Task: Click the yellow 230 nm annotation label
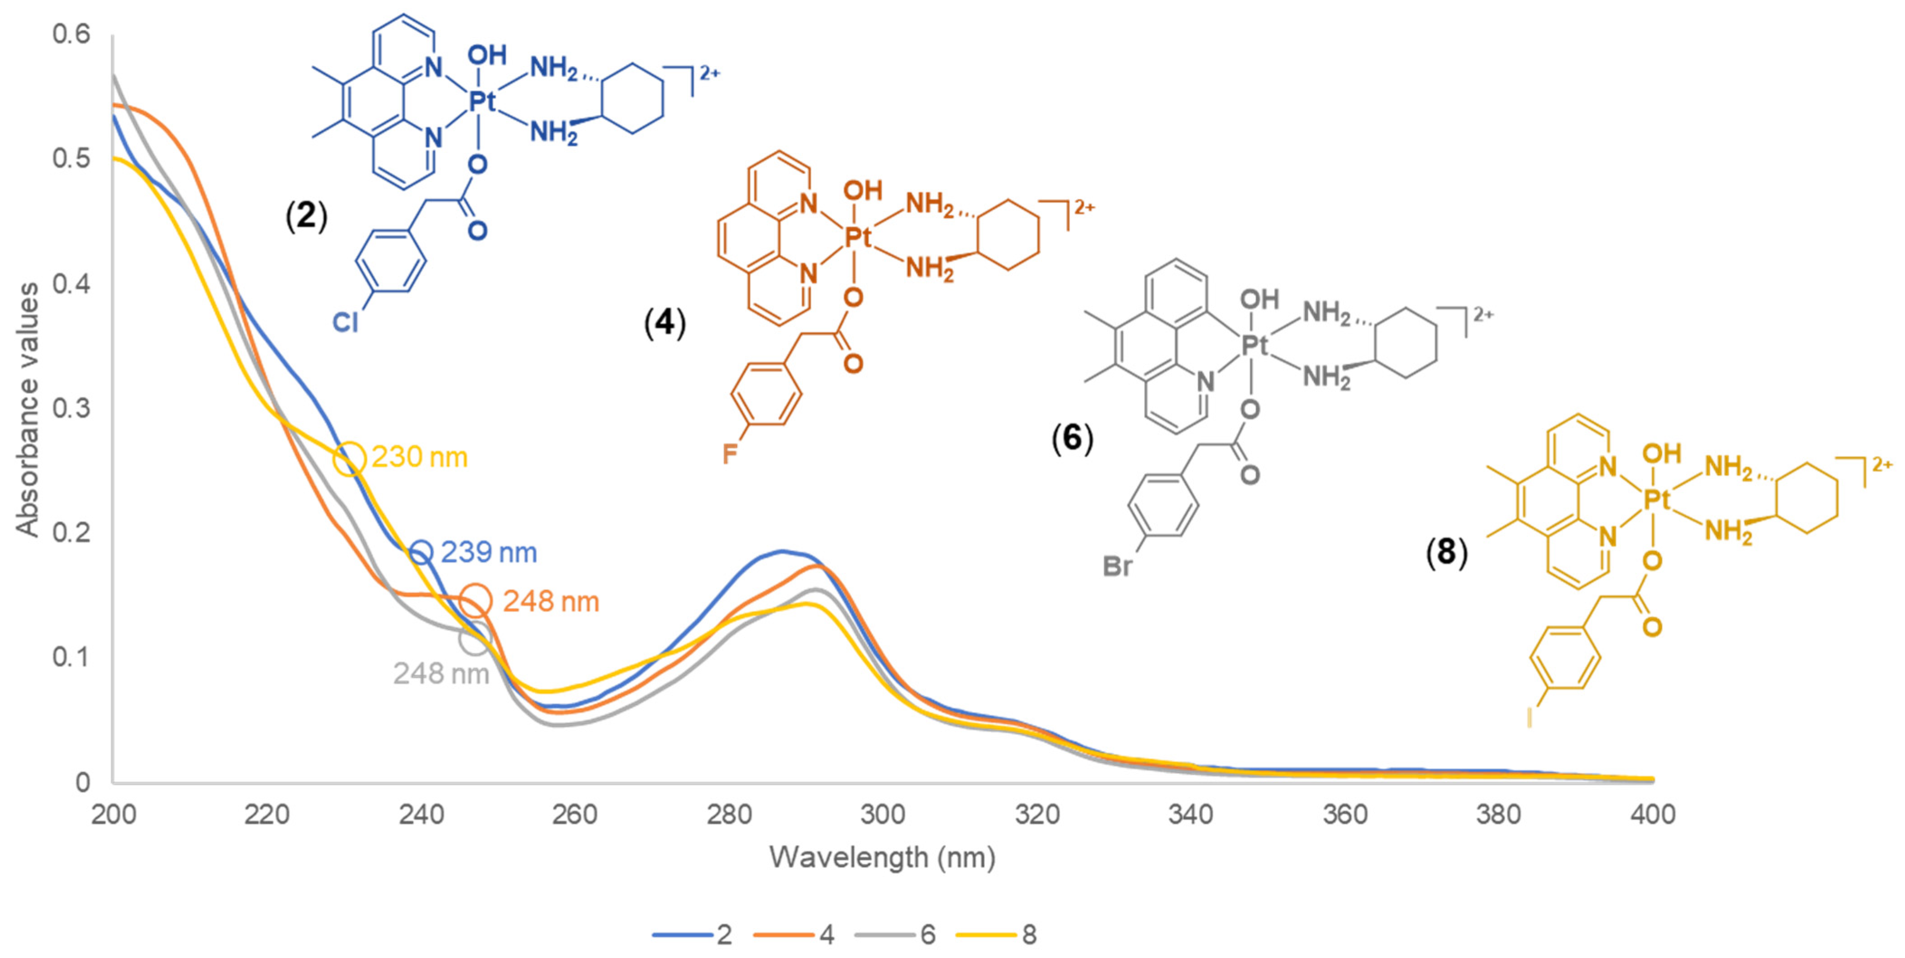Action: coord(419,458)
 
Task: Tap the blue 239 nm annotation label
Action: coord(489,552)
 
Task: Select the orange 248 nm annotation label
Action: coord(551,602)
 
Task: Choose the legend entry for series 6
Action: coord(896,935)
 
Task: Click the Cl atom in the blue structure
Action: coord(345,322)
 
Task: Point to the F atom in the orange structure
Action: coord(729,454)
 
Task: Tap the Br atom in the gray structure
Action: coord(1117,566)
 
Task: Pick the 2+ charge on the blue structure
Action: coord(709,72)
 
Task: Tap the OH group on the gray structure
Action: coord(1259,299)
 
